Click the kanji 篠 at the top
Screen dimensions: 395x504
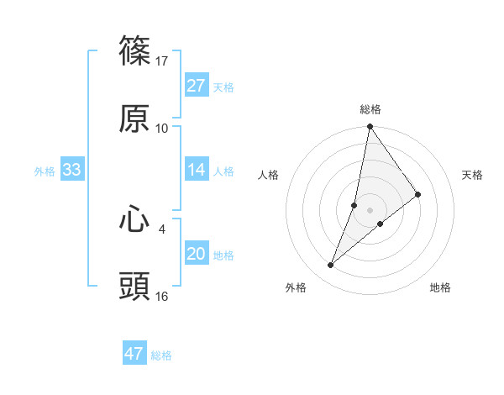tap(134, 52)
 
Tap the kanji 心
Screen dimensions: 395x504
tap(134, 220)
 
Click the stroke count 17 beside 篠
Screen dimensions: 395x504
tap(162, 61)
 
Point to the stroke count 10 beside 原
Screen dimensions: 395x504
tap(162, 128)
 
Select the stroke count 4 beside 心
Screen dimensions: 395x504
tap(162, 228)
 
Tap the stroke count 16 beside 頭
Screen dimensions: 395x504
tap(162, 296)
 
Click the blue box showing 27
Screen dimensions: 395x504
tap(197, 86)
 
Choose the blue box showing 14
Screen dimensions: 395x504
tap(197, 170)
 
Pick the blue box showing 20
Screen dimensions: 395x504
tap(197, 254)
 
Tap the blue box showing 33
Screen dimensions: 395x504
tap(72, 170)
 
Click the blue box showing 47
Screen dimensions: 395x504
tap(134, 354)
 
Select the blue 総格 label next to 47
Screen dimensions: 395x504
tap(161, 355)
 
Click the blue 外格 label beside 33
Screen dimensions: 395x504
tap(45, 171)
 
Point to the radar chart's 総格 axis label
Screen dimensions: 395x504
tap(370, 109)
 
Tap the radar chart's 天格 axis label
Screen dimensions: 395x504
tap(472, 175)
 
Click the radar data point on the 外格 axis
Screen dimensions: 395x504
tap(331, 266)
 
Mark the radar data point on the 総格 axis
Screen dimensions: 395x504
tap(370, 127)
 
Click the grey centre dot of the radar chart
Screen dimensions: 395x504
tap(370, 210)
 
